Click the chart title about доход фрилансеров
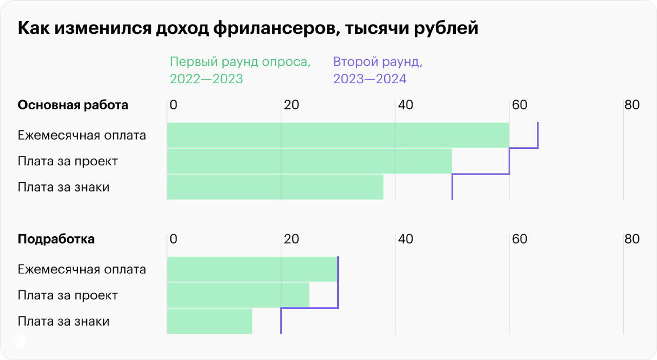[x=248, y=28]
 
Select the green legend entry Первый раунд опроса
[x=240, y=70]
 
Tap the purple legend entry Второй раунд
[x=378, y=70]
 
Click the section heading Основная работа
[x=73, y=105]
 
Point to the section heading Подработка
[x=56, y=239]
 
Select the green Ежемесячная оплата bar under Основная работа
[x=338, y=135]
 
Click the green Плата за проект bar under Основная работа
[x=309, y=161]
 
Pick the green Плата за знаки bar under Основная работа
[x=275, y=187]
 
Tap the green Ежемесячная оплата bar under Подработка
[x=252, y=269]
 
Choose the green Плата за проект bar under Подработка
[x=238, y=295]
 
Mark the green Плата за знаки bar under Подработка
[x=209, y=321]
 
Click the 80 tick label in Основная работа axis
[x=632, y=105]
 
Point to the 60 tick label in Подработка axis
[x=519, y=239]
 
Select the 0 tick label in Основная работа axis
[x=173, y=105]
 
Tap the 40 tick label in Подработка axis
[x=405, y=239]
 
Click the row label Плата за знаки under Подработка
[x=64, y=321]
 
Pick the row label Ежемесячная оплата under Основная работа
[x=82, y=135]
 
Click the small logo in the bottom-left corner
[x=20, y=340]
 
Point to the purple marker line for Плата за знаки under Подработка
[x=281, y=321]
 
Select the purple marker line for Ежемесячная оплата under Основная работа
[x=538, y=135]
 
